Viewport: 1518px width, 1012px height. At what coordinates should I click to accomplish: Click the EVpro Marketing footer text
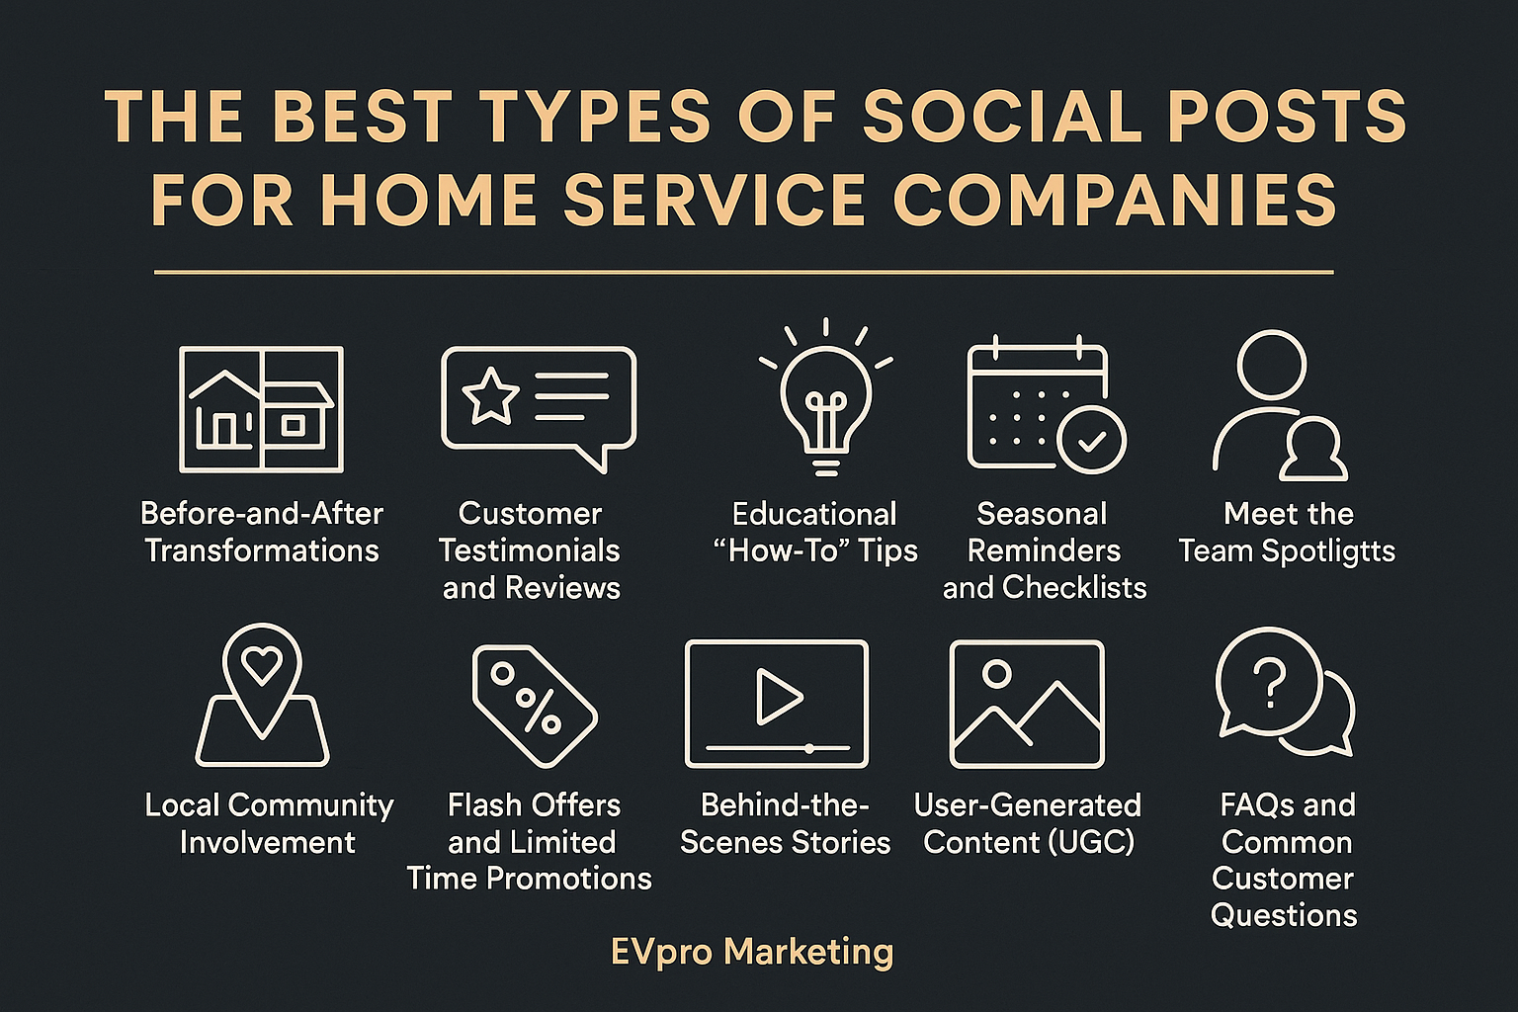pyautogui.click(x=752, y=953)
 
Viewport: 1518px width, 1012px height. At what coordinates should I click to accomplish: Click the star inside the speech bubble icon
pyautogui.click(x=490, y=396)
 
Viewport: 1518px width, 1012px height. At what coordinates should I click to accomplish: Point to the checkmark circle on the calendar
pyautogui.click(x=1091, y=440)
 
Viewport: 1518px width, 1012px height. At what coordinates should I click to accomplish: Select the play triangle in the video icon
pyautogui.click(x=779, y=696)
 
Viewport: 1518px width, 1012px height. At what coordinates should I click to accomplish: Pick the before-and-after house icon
pyautogui.click(x=262, y=409)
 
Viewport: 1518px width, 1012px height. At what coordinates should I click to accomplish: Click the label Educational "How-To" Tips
pyautogui.click(x=815, y=533)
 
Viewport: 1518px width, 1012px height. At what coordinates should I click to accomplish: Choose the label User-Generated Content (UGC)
pyautogui.click(x=1028, y=824)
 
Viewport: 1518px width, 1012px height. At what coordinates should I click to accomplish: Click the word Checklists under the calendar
pyautogui.click(x=1074, y=588)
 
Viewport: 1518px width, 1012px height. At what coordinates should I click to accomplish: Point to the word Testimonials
pyautogui.click(x=530, y=550)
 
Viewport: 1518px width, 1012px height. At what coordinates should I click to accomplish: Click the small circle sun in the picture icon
pyautogui.click(x=996, y=673)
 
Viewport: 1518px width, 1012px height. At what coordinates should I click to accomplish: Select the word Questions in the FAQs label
pyautogui.click(x=1284, y=916)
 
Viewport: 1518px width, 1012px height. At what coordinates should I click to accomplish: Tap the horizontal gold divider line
pyautogui.click(x=743, y=273)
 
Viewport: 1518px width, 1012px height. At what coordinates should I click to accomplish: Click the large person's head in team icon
pyautogui.click(x=1271, y=365)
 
